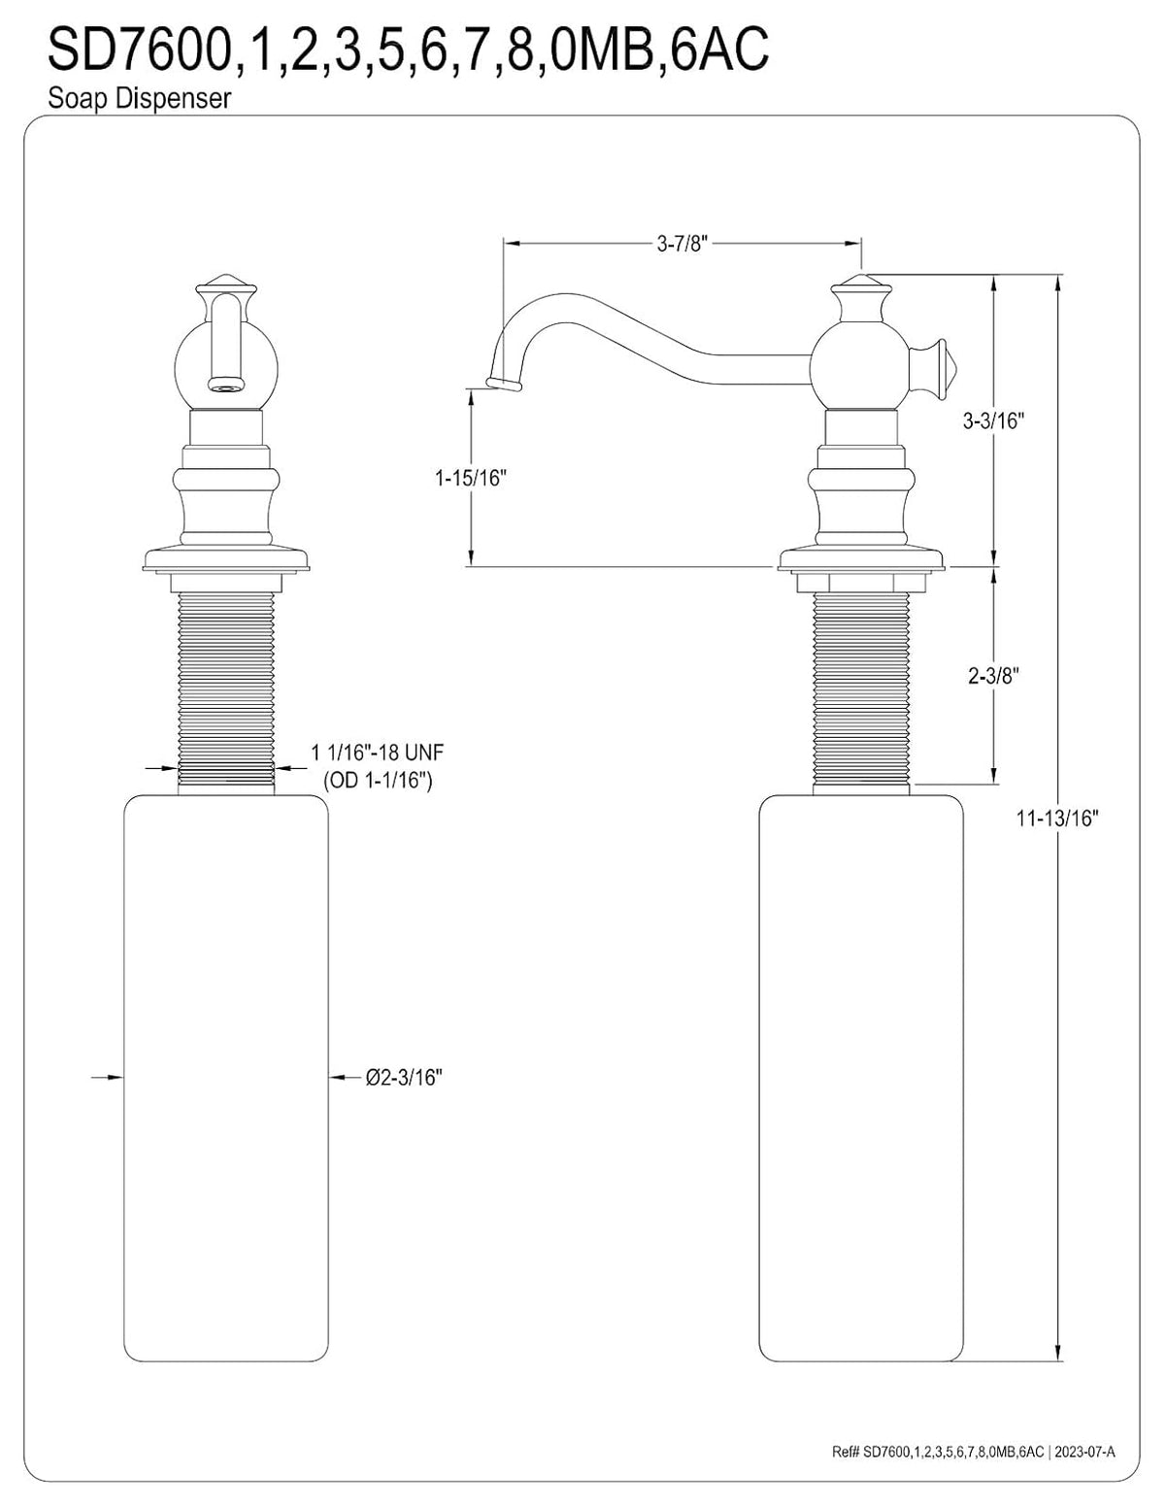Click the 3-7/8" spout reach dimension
point(682,244)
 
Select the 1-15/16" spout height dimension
point(471,478)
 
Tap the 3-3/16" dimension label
point(993,420)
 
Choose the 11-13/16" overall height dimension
point(1058,819)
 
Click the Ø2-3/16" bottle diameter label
point(404,1077)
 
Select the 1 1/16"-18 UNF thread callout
point(378,752)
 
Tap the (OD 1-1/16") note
point(379,781)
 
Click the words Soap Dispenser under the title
point(139,99)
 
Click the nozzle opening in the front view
point(226,385)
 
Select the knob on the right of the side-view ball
point(933,363)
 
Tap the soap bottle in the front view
point(226,1078)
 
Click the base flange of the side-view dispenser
point(861,560)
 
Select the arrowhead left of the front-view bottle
point(115,1077)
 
